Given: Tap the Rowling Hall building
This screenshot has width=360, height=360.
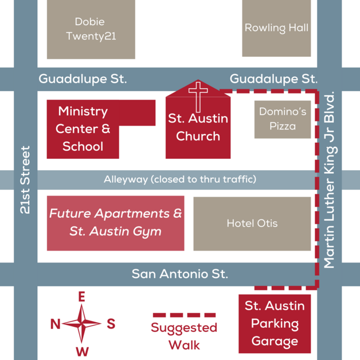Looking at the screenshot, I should click(276, 28).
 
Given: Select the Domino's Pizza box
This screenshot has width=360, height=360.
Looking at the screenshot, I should click(283, 119).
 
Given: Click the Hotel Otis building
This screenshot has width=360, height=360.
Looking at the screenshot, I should click(252, 223).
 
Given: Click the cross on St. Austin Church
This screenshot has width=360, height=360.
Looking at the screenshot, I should click(198, 96).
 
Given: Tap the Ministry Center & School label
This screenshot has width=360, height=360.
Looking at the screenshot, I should click(83, 129).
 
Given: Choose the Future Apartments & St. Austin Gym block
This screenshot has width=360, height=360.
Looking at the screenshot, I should click(115, 222).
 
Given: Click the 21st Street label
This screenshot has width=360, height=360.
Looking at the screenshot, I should click(25, 180).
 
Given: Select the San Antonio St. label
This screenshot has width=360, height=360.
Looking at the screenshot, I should click(179, 274).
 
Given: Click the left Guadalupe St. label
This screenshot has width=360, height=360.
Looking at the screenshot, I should click(83, 79).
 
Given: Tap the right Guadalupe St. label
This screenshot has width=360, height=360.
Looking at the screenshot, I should click(273, 79).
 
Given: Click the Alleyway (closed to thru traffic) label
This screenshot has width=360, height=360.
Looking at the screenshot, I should click(179, 179).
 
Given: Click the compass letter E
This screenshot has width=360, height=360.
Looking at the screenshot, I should click(82, 297).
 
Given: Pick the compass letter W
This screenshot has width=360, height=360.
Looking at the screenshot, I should click(82, 351).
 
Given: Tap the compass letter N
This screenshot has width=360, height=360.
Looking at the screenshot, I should click(56, 324).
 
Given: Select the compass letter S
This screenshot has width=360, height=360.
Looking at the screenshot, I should click(111, 324).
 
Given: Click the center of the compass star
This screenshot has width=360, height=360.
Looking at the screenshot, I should click(82, 324).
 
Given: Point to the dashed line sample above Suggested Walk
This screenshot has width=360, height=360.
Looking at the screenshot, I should click(183, 315).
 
